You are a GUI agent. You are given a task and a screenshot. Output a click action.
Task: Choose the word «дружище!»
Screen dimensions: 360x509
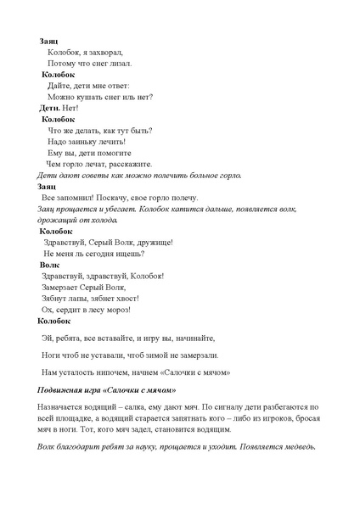(155, 242)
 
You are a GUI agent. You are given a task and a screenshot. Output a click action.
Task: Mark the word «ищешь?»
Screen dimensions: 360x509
(127, 254)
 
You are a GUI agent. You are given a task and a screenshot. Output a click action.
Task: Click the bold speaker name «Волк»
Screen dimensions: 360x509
(50, 265)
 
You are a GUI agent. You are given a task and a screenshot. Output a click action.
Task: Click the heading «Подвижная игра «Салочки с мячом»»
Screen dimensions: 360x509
(107, 390)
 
